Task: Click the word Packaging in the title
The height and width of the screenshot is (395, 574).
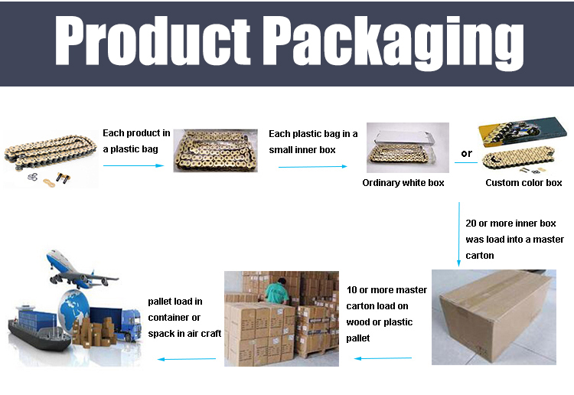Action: tap(395, 43)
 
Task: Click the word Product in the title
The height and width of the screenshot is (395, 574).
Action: tap(152, 41)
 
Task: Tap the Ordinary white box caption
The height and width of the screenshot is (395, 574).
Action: tap(403, 183)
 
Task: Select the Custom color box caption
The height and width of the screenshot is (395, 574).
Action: tap(523, 183)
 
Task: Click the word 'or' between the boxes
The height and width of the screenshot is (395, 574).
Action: tap(466, 153)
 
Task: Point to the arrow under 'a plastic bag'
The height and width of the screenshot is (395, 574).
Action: tap(134, 165)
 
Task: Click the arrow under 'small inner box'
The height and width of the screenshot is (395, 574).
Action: tap(312, 167)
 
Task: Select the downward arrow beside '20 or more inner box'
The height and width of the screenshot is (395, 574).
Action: tap(458, 234)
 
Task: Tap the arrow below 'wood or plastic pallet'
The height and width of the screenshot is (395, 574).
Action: tap(383, 358)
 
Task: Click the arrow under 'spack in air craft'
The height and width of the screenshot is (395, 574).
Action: tap(187, 359)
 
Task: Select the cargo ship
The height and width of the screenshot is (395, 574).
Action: tap(39, 329)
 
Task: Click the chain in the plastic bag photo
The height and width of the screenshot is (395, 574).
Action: tap(215, 151)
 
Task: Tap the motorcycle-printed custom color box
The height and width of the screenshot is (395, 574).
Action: tap(523, 132)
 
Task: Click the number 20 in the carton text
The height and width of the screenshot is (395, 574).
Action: tap(471, 224)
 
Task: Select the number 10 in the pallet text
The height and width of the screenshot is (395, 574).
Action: tap(351, 290)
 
